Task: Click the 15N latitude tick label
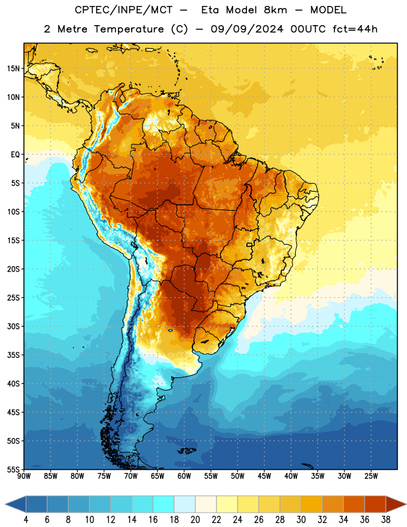tap(13, 69)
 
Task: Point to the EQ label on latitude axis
tap(15, 155)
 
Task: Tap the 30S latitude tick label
tap(13, 326)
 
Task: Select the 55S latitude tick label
tap(13, 470)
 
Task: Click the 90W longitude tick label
tap(24, 476)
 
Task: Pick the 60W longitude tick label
tap(184, 476)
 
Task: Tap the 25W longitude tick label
tap(371, 476)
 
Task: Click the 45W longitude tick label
tap(264, 476)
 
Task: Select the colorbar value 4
tap(26, 520)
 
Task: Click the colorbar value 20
tap(195, 520)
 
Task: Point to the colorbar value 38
tap(386, 520)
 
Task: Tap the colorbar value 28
tap(280, 520)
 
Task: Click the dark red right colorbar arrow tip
tap(406, 504)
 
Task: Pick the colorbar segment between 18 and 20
tap(184, 504)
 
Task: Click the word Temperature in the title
tap(128, 29)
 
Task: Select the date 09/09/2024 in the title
tap(247, 29)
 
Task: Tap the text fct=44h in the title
tap(355, 29)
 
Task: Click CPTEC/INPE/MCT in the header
tap(124, 10)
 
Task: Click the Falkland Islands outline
tap(187, 451)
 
